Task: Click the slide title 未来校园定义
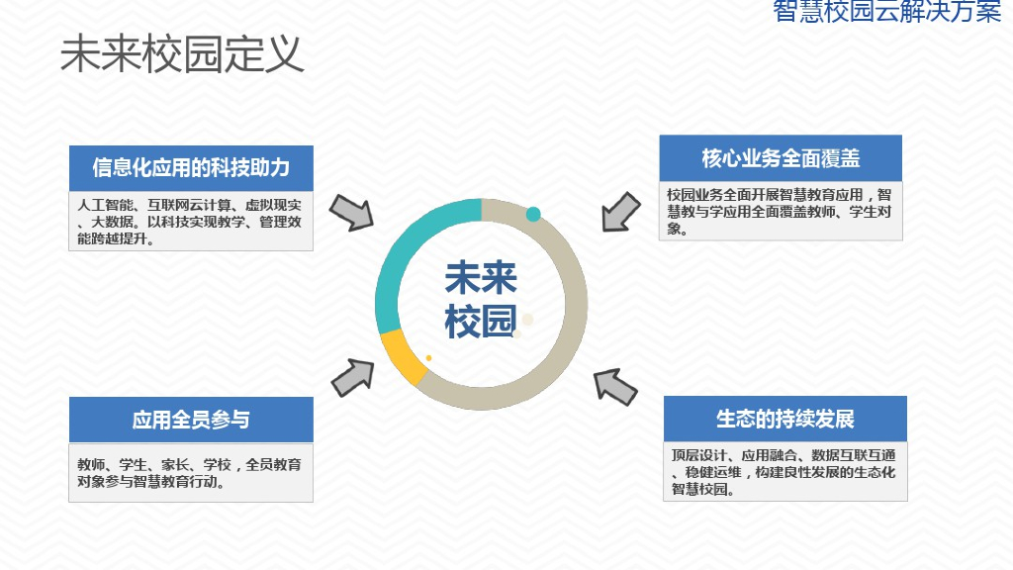pos(182,55)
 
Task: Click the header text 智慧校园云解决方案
pos(886,12)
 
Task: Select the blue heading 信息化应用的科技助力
pos(191,168)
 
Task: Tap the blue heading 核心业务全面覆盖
pos(781,158)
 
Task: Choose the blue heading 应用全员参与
pos(191,420)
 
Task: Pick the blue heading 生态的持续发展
pos(784,419)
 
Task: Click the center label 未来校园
pos(481,300)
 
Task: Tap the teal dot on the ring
pos(533,214)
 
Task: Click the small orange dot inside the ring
pos(428,357)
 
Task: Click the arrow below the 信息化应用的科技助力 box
pos(350,212)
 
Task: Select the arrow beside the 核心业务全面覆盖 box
pos(621,211)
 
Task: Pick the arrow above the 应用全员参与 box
pos(352,376)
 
